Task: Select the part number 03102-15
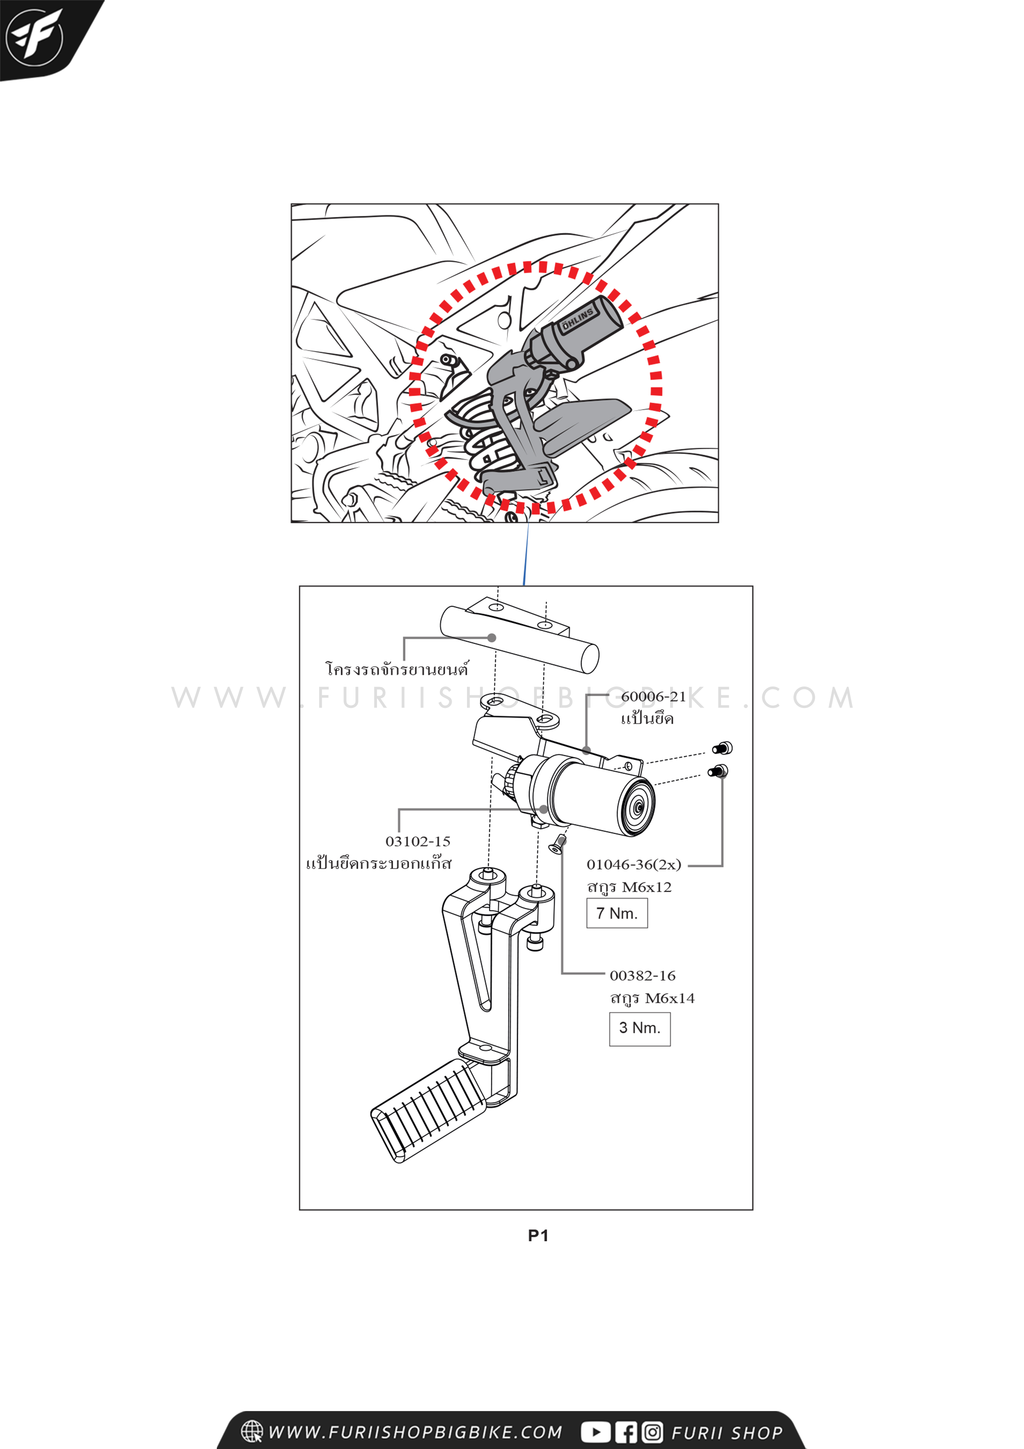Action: click(x=418, y=841)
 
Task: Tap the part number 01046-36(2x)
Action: click(x=633, y=865)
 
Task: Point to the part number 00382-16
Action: click(x=642, y=976)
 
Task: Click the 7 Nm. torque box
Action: click(x=616, y=913)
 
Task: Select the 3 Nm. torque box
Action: click(x=639, y=1028)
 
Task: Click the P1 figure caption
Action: click(x=538, y=1236)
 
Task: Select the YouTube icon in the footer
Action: click(x=595, y=1432)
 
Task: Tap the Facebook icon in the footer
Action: click(x=626, y=1432)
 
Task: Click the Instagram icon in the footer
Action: click(x=652, y=1432)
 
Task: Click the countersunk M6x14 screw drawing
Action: click(x=558, y=843)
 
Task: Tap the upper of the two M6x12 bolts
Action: click(x=723, y=748)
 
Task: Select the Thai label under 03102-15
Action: click(x=379, y=863)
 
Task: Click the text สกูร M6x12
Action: click(x=629, y=887)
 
